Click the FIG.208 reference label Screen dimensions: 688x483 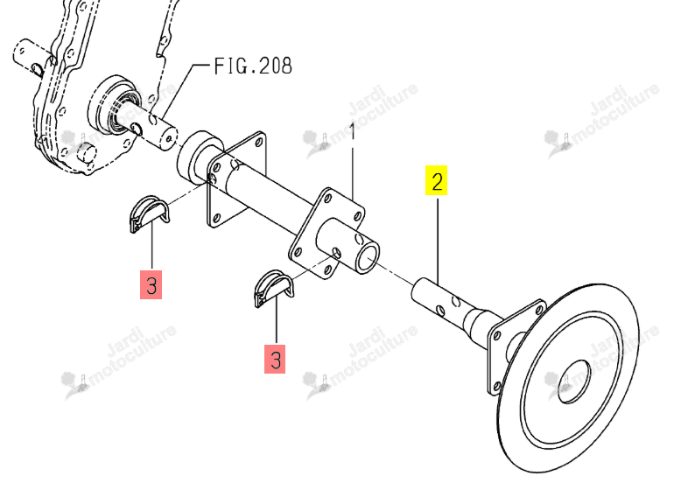click(x=253, y=66)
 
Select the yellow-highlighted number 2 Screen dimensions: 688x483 click(x=437, y=180)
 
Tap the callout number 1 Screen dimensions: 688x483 click(x=353, y=131)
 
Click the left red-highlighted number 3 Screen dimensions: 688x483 click(x=151, y=285)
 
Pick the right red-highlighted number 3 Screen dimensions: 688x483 click(x=275, y=360)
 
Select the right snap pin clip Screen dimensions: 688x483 click(x=273, y=287)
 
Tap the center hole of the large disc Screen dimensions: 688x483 click(x=574, y=381)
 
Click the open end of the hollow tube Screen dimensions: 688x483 click(x=368, y=259)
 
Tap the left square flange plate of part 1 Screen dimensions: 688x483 click(x=236, y=179)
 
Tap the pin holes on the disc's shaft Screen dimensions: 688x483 click(x=448, y=305)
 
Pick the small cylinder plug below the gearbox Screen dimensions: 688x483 click(x=87, y=153)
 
